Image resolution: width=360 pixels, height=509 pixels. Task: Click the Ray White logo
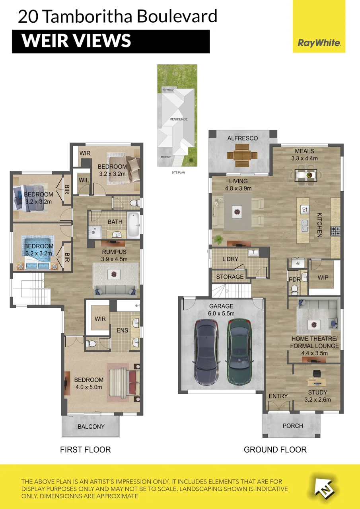[319, 27]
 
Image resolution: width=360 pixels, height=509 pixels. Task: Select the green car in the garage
[240, 352]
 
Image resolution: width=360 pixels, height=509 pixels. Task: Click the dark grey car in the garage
[206, 352]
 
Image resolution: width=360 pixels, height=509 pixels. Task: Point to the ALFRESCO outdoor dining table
[242, 155]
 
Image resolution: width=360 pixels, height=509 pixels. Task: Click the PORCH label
[293, 426]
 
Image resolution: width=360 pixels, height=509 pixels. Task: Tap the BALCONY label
[91, 427]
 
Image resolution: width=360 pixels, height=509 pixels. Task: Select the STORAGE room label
[230, 277]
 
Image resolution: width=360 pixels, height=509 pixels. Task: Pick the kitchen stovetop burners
[335, 231]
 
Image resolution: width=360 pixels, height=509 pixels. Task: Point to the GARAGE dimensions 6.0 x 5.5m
[221, 313]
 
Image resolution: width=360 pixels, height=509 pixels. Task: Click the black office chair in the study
[317, 373]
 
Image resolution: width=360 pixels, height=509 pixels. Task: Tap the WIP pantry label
[323, 278]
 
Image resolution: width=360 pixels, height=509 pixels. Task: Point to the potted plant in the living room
[219, 240]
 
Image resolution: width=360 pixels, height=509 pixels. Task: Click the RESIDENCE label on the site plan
[179, 119]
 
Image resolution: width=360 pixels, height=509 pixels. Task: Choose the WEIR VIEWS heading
[76, 41]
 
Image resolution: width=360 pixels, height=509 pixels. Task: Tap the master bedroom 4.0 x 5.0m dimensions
[89, 387]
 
